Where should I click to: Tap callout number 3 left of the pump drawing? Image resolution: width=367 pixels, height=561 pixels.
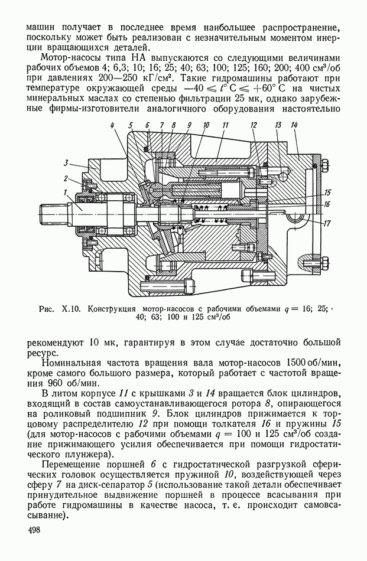pyautogui.click(x=66, y=162)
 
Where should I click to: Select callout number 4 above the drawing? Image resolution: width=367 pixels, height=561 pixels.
pyautogui.click(x=112, y=125)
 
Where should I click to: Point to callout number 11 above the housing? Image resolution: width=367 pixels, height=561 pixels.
pyautogui.click(x=225, y=125)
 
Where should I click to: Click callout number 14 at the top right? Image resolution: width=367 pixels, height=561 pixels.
pyautogui.click(x=294, y=125)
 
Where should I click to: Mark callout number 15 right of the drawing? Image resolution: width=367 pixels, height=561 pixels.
pyautogui.click(x=326, y=192)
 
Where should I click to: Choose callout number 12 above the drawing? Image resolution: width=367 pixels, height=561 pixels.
pyautogui.click(x=254, y=125)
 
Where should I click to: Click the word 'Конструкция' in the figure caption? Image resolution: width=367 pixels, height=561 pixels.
pyautogui.click(x=112, y=309)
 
